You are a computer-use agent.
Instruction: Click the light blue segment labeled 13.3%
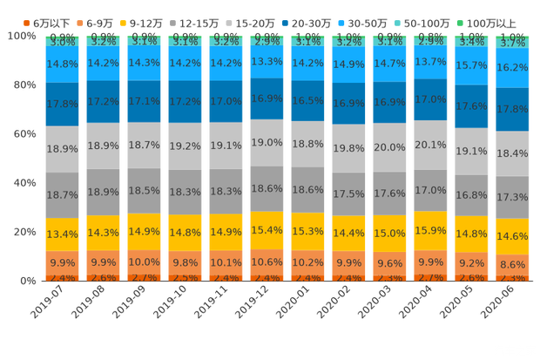click(x=267, y=62)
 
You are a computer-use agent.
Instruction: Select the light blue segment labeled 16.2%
click(x=512, y=67)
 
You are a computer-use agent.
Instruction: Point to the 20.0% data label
click(x=389, y=147)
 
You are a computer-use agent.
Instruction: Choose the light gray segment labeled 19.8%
click(x=348, y=148)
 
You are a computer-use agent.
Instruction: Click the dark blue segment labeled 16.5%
click(x=307, y=101)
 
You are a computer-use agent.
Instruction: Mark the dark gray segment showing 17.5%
click(x=348, y=194)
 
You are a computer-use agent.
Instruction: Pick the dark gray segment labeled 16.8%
click(x=471, y=194)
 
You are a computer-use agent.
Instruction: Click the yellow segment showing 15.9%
click(x=430, y=231)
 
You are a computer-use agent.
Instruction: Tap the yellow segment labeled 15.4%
click(x=267, y=230)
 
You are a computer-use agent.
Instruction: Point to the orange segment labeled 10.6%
click(x=267, y=262)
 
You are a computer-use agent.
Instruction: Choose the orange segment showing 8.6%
click(x=512, y=263)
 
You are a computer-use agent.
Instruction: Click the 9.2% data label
click(x=471, y=262)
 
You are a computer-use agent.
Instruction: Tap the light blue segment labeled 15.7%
click(x=471, y=65)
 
